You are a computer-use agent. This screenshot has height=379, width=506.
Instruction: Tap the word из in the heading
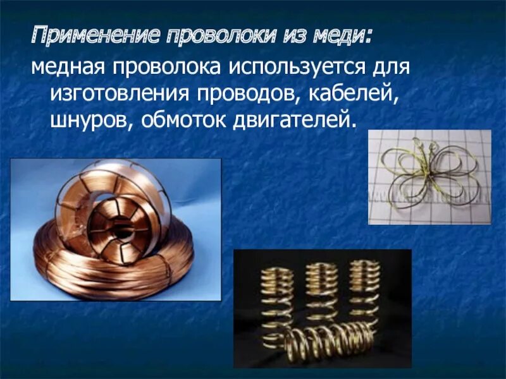point(288,37)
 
